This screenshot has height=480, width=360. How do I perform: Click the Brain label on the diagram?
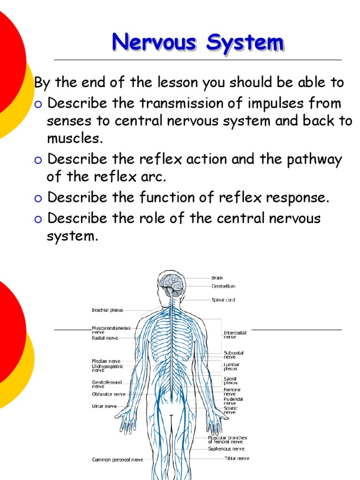pos(217,278)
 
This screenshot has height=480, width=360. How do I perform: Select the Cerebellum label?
pos(223,286)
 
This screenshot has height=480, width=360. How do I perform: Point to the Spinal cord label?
pos(223,300)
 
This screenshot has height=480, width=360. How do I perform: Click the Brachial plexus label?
pos(107,310)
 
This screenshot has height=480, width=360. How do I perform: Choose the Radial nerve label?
pos(105,337)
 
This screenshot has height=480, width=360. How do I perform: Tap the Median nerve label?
pos(106,361)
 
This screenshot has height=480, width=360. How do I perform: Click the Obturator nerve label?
pos(109,394)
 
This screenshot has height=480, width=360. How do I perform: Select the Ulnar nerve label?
pos(104,406)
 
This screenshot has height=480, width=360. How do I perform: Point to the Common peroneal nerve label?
pos(117,460)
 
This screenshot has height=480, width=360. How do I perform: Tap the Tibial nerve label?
pos(237,458)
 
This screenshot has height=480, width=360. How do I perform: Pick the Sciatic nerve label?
pos(231,410)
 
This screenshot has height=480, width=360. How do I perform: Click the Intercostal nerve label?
pos(235,335)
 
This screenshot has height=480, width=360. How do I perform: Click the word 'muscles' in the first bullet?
pos(72,139)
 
